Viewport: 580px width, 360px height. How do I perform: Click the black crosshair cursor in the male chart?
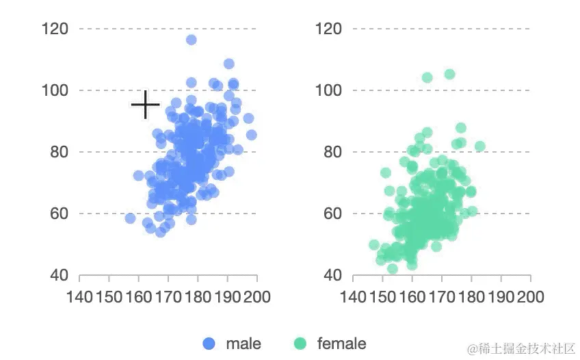pyautogui.click(x=145, y=105)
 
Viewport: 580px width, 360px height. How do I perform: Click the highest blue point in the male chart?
pyautogui.click(x=192, y=40)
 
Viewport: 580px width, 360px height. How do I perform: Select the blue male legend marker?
pyautogui.click(x=209, y=344)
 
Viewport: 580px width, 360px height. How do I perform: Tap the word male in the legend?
pyautogui.click(x=243, y=344)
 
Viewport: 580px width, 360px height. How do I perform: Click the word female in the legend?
pyautogui.click(x=341, y=344)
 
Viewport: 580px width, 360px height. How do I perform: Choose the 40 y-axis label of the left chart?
pyautogui.click(x=58, y=275)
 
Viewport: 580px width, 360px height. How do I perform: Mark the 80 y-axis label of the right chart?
pyautogui.click(x=332, y=152)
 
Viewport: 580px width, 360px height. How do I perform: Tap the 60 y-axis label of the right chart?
pyautogui.click(x=332, y=214)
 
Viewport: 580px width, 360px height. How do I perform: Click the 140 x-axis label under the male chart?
pyautogui.click(x=81, y=297)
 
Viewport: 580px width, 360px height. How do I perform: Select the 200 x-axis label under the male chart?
pyautogui.click(x=257, y=297)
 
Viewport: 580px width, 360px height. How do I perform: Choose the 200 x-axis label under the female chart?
pyautogui.click(x=531, y=297)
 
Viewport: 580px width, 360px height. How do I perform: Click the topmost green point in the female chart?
pyautogui.click(x=449, y=74)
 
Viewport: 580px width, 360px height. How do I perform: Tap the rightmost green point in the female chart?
pyautogui.click(x=480, y=146)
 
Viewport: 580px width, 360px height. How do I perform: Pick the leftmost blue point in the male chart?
pyautogui.click(x=130, y=218)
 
